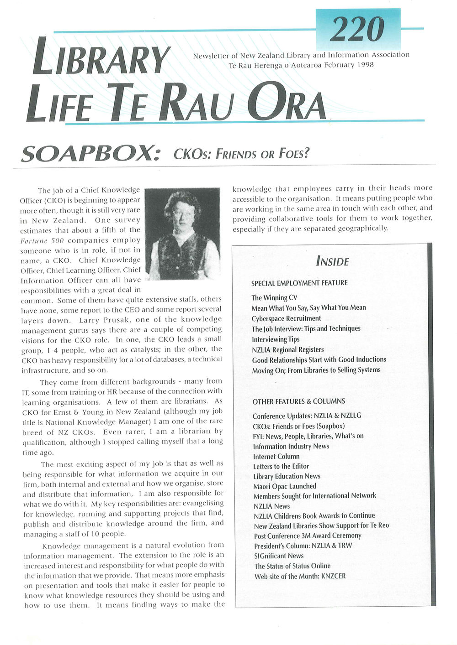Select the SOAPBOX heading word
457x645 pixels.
90,155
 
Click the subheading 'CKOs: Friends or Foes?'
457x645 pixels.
241,154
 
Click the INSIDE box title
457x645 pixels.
332,261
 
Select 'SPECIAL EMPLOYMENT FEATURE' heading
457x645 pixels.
299,283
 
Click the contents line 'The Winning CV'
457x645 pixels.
274,298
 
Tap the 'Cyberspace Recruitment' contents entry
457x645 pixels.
286,318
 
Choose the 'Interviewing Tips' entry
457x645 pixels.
276,339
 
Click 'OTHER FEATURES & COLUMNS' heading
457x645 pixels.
299,401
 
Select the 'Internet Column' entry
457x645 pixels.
276,456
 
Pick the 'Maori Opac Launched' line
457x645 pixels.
285,486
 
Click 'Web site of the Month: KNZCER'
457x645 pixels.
300,576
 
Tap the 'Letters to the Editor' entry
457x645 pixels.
281,466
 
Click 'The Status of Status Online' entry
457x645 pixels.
292,566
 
